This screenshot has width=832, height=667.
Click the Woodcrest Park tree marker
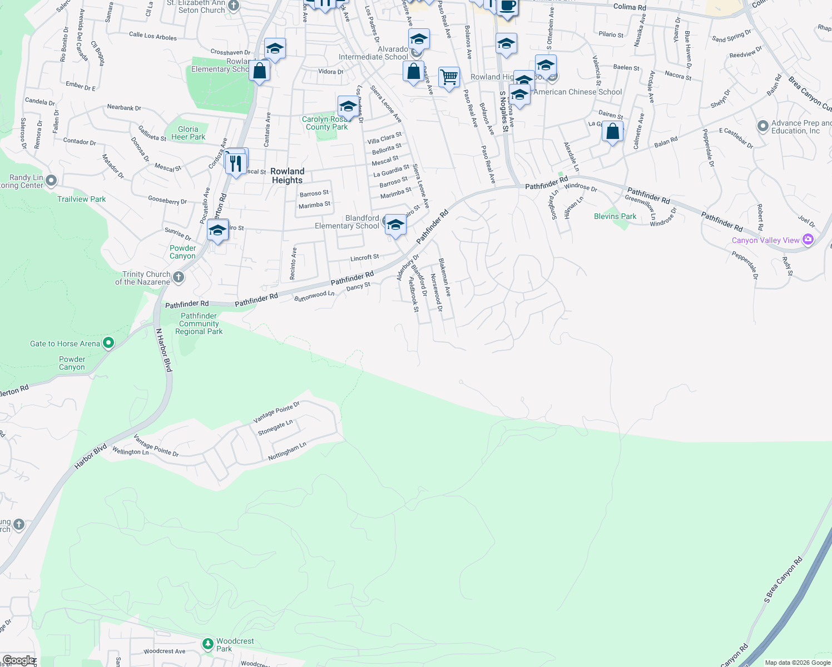[x=208, y=644]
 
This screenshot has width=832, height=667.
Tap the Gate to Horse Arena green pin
[x=108, y=344]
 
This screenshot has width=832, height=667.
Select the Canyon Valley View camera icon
[x=808, y=240]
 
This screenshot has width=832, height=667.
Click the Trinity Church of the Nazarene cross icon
[x=178, y=277]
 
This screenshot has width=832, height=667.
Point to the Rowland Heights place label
[x=288, y=176]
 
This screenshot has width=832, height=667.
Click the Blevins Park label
[x=615, y=216]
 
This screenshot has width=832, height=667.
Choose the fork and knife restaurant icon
[x=236, y=163]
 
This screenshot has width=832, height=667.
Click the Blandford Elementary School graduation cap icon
[x=395, y=225]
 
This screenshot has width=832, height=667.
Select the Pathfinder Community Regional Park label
[x=199, y=323]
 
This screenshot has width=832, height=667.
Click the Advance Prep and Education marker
[x=763, y=126]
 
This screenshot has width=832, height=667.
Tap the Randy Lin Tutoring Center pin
[x=51, y=180]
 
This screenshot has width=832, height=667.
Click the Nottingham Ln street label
[x=287, y=451]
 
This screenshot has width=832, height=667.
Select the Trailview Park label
[x=81, y=199]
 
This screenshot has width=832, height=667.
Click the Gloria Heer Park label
[x=188, y=133]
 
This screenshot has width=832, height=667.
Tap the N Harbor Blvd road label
[x=164, y=350]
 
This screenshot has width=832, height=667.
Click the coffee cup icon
[x=507, y=7]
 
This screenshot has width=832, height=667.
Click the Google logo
[x=18, y=660]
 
